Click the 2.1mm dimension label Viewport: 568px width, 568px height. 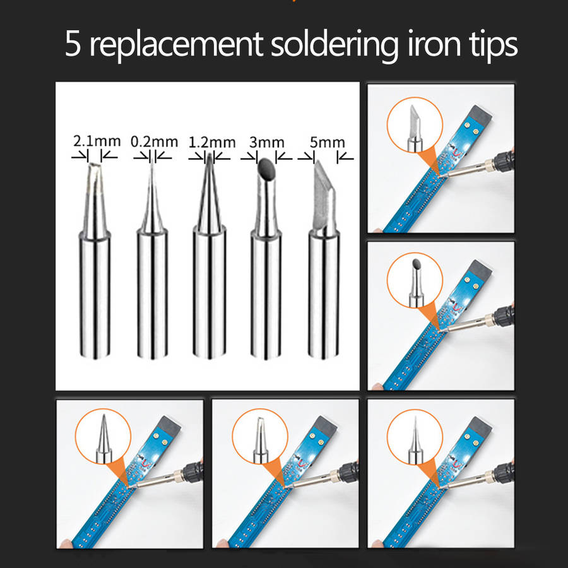point(97,141)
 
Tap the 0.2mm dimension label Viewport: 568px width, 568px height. point(155,141)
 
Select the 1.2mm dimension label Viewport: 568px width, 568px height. point(212,142)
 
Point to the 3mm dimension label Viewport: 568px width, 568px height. point(266,143)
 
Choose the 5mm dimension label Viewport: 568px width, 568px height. point(327,143)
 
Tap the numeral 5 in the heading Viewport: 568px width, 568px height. point(73,44)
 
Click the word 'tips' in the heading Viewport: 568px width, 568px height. point(494,45)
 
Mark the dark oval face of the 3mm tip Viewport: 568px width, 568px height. point(266,169)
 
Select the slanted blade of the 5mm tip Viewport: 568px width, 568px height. point(324,198)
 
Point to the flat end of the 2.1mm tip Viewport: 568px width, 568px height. point(95,165)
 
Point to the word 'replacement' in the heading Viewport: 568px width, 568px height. point(175,45)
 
